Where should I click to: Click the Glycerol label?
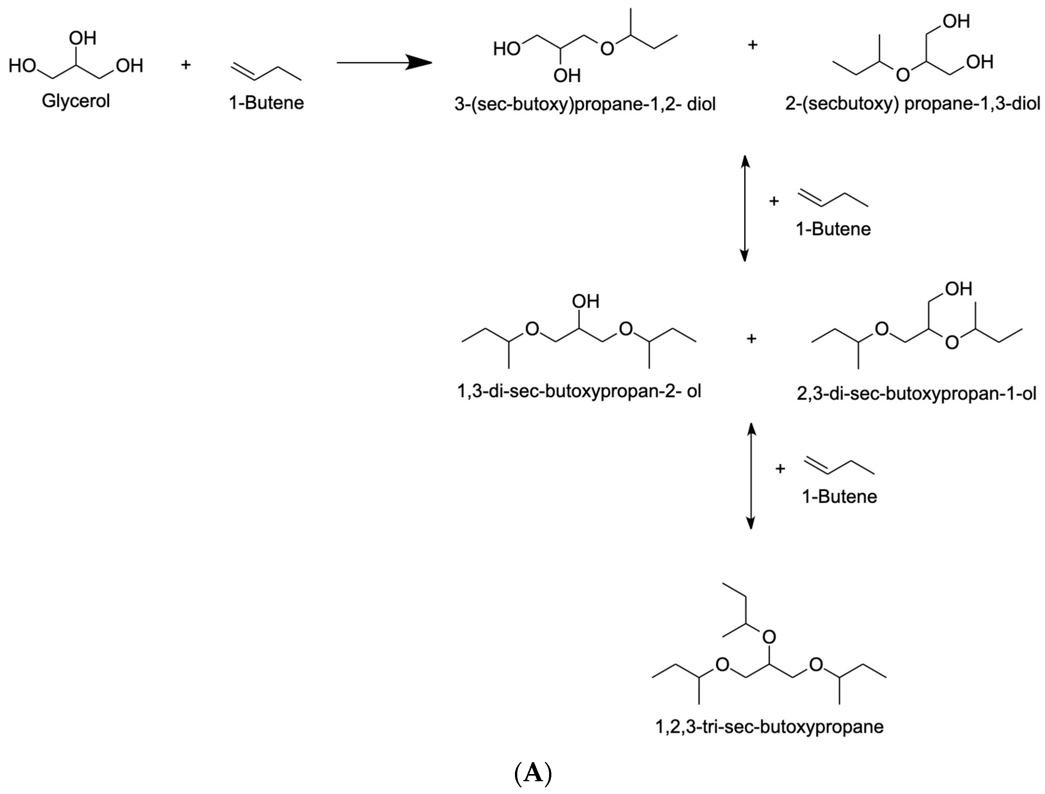pos(76,101)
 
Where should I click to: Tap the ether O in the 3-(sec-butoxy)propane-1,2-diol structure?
pos(607,49)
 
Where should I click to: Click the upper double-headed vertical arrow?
pos(745,208)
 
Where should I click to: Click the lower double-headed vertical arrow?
pos(750,476)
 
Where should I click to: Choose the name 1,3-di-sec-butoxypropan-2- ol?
pos(579,391)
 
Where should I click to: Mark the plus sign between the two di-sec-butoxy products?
pos(751,338)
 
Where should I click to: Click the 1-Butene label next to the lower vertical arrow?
pos(839,496)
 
